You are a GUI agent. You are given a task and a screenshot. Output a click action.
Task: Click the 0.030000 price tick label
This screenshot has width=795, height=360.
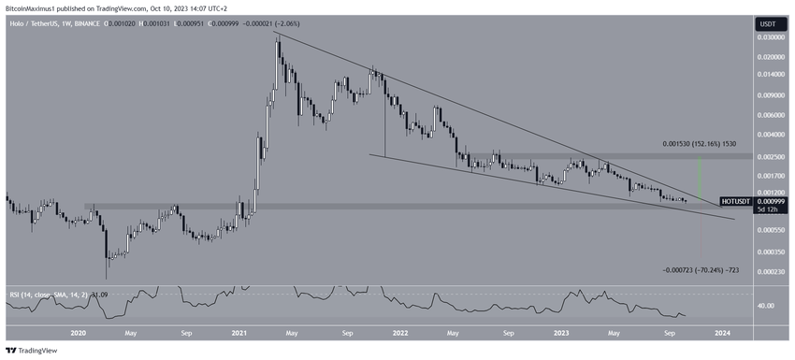coord(770,37)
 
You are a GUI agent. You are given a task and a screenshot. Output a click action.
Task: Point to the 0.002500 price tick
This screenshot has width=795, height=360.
coord(770,157)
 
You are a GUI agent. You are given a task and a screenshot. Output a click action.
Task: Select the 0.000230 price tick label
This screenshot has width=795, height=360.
coord(770,272)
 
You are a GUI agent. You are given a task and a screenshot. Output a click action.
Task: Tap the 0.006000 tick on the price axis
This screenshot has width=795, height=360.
coord(770,115)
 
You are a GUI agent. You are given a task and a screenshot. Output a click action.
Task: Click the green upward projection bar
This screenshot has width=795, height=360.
coord(700,178)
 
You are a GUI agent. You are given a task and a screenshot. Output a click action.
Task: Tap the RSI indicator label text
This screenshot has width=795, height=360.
coord(37,296)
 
